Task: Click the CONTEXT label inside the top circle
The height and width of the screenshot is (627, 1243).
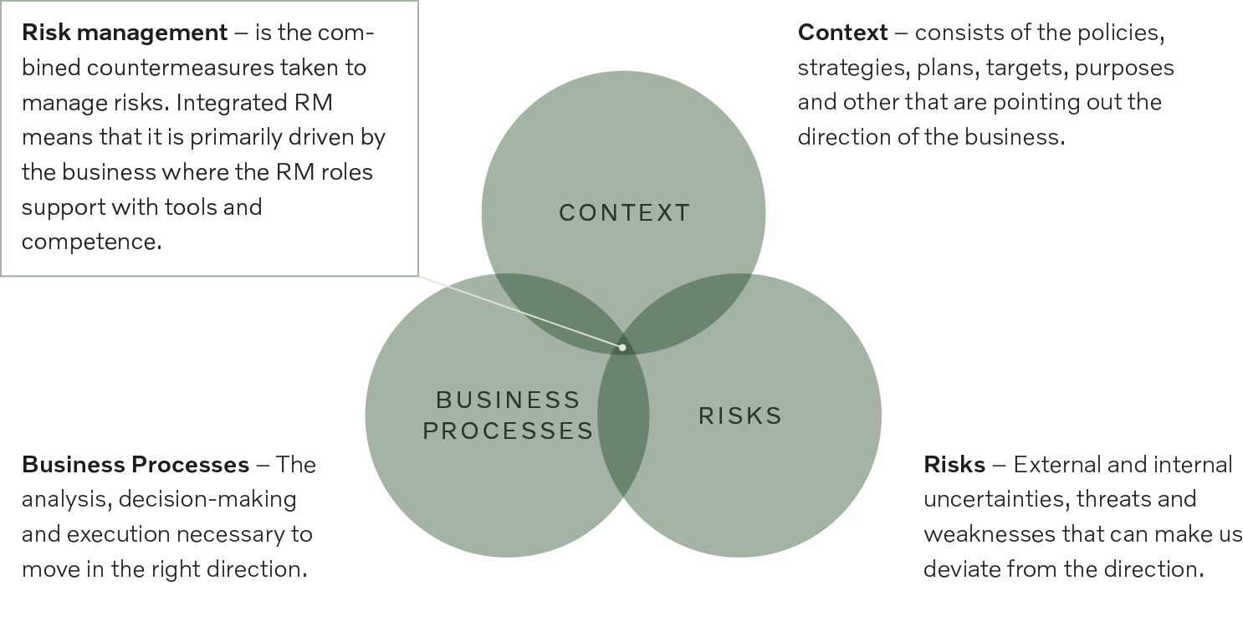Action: pyautogui.click(x=624, y=213)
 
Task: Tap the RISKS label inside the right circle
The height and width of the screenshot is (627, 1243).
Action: pyautogui.click(x=740, y=415)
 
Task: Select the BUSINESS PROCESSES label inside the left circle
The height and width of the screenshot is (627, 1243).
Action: pyautogui.click(x=508, y=415)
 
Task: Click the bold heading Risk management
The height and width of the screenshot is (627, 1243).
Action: pyautogui.click(x=125, y=33)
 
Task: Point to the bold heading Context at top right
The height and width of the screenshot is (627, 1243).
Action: pyautogui.click(x=842, y=33)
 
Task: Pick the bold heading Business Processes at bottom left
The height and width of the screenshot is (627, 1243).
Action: pyautogui.click(x=136, y=464)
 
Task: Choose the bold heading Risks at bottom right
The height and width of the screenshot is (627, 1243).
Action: pyautogui.click(x=954, y=464)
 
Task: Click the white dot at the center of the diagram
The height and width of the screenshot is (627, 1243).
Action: pyautogui.click(x=622, y=346)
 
